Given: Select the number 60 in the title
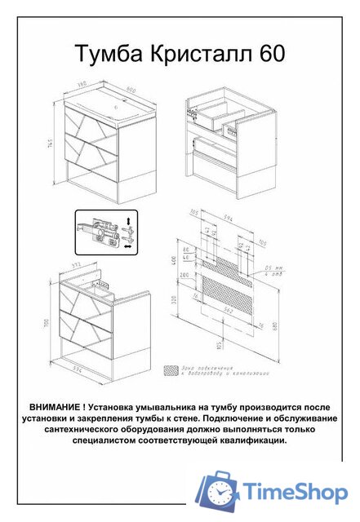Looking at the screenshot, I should click(x=272, y=54).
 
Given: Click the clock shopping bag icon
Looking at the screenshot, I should click(x=220, y=492).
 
